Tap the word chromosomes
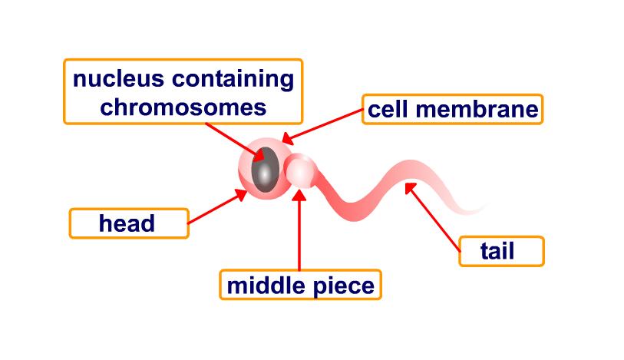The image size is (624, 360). click(x=183, y=107)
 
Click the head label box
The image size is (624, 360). click(x=128, y=223)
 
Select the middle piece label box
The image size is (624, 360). click(x=300, y=286)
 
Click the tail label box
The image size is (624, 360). click(x=501, y=251)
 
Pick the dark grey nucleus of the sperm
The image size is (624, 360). click(x=265, y=171)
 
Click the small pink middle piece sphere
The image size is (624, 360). click(x=299, y=172)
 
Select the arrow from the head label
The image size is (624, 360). click(x=216, y=208)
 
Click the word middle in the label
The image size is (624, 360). click(x=266, y=286)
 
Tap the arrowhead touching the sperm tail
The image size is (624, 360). click(x=412, y=187)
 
